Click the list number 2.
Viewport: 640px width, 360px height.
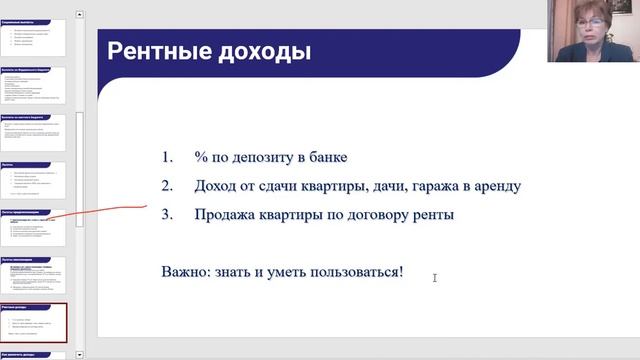click(x=166, y=186)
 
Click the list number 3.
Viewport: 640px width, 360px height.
click(x=166, y=214)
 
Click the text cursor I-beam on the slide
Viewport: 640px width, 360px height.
click(x=435, y=277)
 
